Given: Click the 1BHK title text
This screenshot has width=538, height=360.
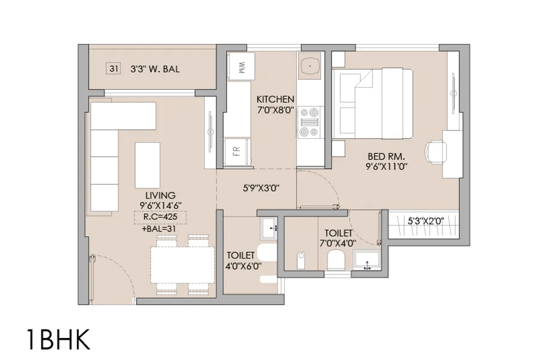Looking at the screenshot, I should (58, 338).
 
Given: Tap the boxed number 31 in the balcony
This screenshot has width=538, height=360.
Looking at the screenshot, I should (114, 69).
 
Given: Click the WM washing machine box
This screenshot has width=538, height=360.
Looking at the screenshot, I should (240, 68).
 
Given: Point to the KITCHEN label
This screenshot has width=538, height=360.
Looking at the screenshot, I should (276, 99).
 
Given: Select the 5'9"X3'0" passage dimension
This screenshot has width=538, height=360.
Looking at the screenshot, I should (261, 187).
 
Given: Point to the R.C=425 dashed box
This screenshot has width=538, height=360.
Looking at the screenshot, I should (160, 217).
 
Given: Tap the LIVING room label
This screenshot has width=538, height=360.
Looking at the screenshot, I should (160, 196).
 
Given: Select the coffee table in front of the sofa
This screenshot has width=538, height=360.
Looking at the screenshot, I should (148, 165).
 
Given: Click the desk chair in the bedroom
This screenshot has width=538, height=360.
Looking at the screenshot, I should (436, 151).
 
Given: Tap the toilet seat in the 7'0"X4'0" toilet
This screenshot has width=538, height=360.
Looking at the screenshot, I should (337, 260).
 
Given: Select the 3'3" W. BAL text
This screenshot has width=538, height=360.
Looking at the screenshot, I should (155, 69).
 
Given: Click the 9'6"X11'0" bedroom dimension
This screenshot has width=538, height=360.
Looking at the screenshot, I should (387, 168).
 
